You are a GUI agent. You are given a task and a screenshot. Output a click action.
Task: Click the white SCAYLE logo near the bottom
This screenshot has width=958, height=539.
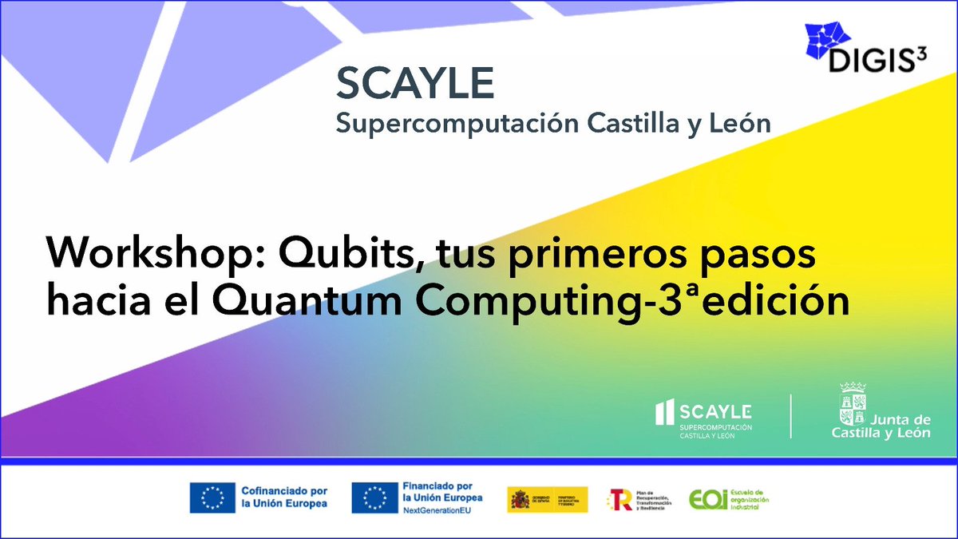click(x=703, y=416)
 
